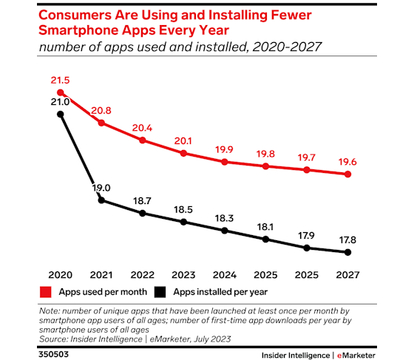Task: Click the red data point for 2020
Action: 60,92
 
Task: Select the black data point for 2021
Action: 101,200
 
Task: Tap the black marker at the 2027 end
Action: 347,253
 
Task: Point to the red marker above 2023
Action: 183,153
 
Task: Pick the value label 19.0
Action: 101,188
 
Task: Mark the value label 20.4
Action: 142,126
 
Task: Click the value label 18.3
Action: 224,219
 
